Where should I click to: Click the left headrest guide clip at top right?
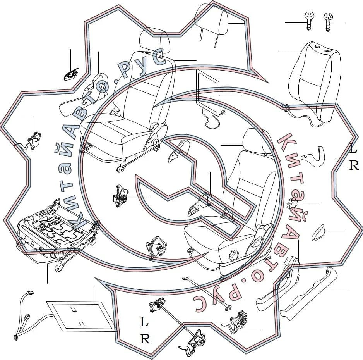pyautogui.click(x=308, y=22)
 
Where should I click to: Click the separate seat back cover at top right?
pyautogui.click(x=315, y=81)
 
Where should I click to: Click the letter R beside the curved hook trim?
pyautogui.click(x=354, y=165)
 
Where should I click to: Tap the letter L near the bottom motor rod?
pyautogui.click(x=144, y=322)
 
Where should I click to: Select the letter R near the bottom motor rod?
pyautogui.click(x=145, y=339)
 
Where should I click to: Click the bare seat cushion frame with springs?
pyautogui.click(x=58, y=234)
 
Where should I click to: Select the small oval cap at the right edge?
pyautogui.click(x=318, y=233)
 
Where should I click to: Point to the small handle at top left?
pyautogui.click(x=71, y=75)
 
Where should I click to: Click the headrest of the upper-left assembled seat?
pyautogui.click(x=155, y=41)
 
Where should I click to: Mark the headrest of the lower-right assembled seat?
pyautogui.click(x=258, y=141)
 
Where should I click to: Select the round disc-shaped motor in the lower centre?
pyautogui.click(x=156, y=248)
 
